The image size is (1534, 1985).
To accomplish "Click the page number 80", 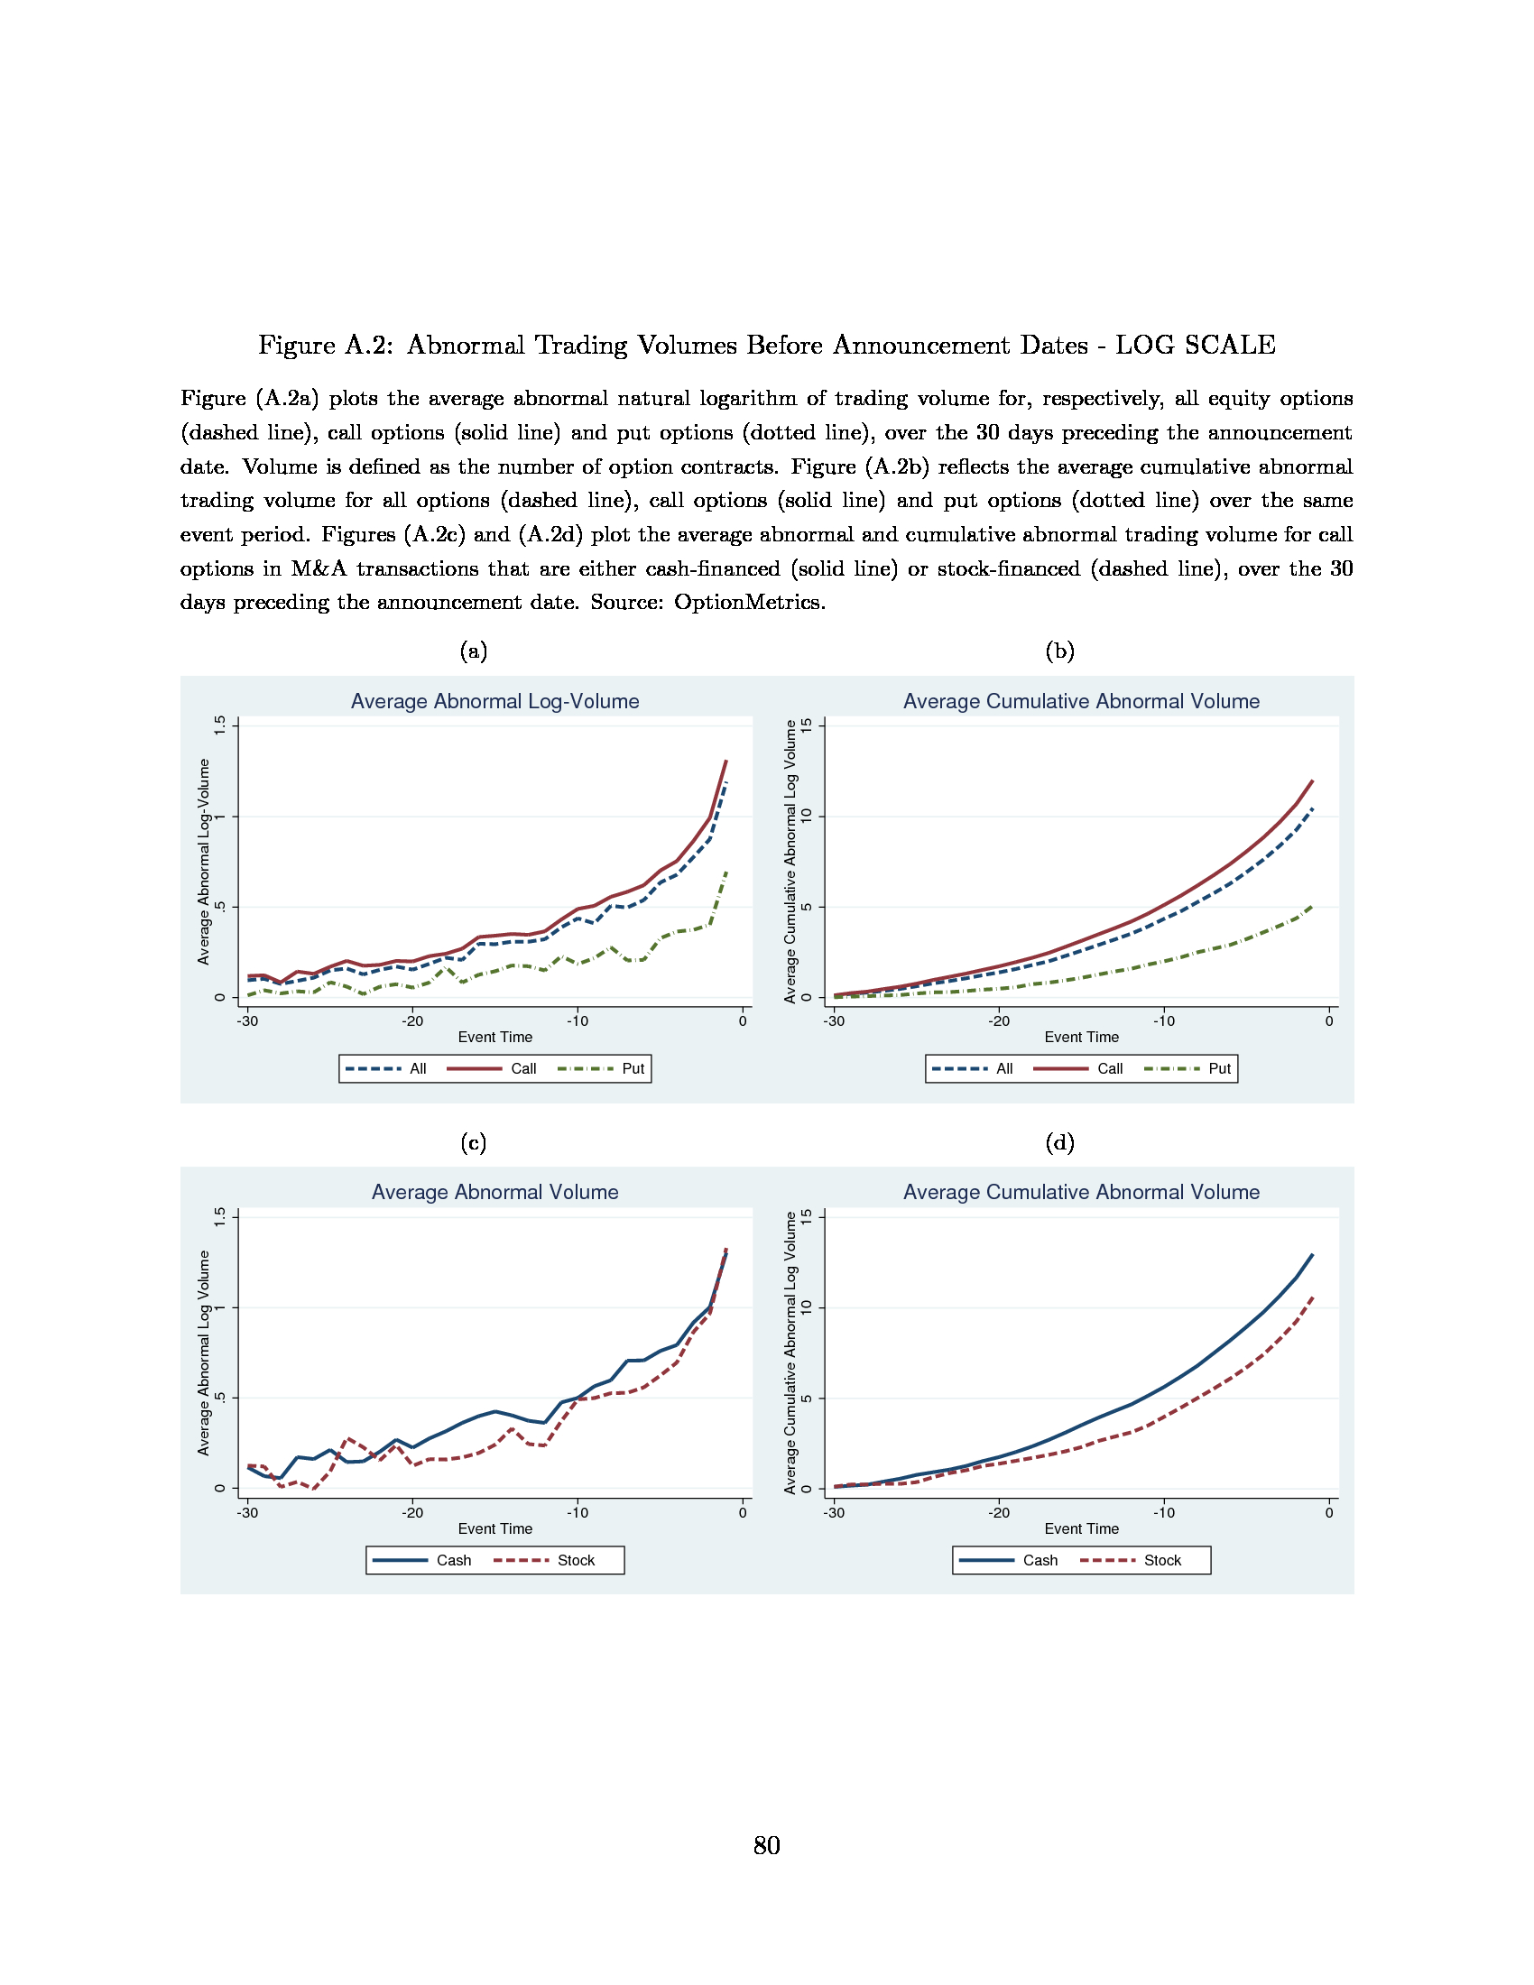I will (766, 1844).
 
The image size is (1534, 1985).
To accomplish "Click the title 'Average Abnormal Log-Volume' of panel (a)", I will (494, 701).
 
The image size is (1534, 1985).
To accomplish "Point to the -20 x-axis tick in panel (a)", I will (412, 1020).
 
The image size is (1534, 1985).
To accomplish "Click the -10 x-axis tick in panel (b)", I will (1163, 1020).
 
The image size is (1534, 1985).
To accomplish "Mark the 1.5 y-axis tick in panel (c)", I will (219, 1217).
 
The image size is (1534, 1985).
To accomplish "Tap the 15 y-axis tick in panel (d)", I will (806, 1217).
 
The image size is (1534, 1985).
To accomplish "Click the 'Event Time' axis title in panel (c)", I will (494, 1528).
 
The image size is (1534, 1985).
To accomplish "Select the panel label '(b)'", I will (1059, 651).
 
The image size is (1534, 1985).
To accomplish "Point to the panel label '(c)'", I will (473, 1142).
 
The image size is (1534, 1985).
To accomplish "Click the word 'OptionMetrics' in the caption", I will (748, 602).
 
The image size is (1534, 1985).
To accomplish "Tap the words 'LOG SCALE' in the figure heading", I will (1195, 346).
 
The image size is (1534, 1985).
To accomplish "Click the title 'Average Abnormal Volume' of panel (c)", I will (494, 1192).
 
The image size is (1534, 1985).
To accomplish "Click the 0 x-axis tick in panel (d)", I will (1328, 1512).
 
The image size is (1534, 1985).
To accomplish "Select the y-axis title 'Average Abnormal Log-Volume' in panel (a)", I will (204, 862).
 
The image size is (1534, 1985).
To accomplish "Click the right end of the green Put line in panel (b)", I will (1311, 905).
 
